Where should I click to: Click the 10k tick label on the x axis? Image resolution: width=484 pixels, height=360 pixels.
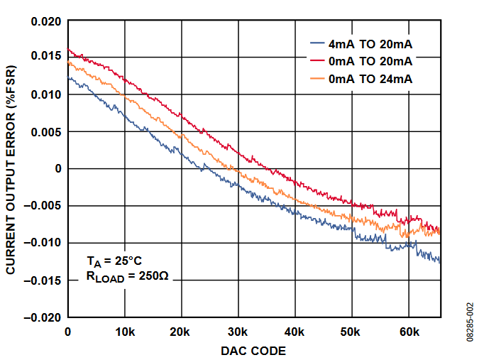(x=125, y=332)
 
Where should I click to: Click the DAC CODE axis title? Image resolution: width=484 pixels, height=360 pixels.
(x=253, y=351)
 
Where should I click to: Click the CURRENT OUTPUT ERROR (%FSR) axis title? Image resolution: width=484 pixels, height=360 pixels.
(x=12, y=169)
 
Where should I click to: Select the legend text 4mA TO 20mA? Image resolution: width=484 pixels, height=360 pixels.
(x=370, y=44)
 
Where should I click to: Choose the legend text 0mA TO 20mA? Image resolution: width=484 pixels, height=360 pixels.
(x=370, y=62)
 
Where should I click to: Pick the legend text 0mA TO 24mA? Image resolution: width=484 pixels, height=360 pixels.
(x=370, y=80)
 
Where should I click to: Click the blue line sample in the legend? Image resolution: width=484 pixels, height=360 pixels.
(x=318, y=44)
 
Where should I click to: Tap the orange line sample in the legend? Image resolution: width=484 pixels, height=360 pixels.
(x=318, y=80)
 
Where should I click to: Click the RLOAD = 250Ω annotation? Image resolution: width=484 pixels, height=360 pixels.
(x=127, y=277)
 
